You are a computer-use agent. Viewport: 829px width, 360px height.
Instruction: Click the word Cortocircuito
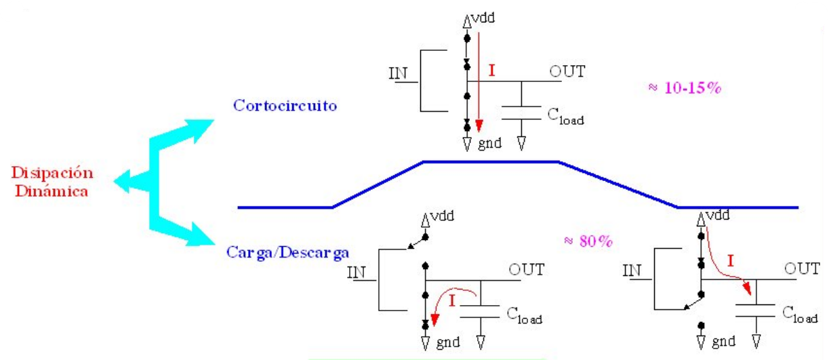(285, 105)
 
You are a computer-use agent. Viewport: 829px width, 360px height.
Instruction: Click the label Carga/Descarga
(287, 253)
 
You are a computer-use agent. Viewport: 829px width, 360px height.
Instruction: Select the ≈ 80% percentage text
(588, 241)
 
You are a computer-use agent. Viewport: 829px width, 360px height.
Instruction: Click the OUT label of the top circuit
(567, 71)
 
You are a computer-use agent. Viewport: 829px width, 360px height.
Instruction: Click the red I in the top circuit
(492, 70)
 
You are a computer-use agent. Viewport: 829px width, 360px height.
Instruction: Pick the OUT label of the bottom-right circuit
(802, 268)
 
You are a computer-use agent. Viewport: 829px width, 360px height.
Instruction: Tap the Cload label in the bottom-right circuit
(800, 314)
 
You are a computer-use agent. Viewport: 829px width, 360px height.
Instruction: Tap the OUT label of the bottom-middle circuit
(526, 269)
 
